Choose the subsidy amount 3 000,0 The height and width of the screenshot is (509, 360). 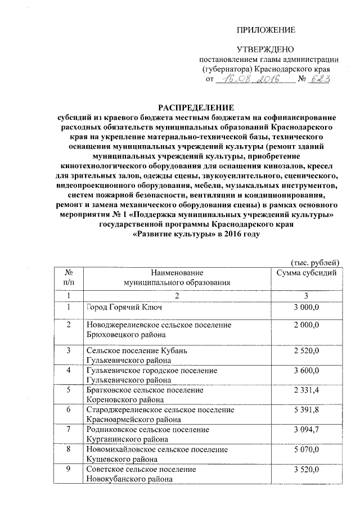(306, 307)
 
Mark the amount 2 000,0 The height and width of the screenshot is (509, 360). (306, 326)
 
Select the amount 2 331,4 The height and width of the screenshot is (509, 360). (306, 390)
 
